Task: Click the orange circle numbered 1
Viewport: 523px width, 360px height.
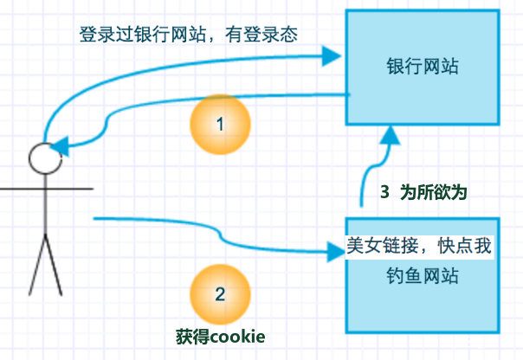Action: coord(220,125)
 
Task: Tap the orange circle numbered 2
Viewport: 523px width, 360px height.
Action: coord(220,293)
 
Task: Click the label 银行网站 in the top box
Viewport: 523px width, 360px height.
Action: coord(422,67)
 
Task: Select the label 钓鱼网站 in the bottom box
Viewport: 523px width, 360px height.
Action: coord(422,278)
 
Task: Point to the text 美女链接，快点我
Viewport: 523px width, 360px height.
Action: coord(419,246)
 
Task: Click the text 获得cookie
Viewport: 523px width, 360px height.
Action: coord(220,336)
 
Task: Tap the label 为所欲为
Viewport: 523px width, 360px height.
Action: coord(438,191)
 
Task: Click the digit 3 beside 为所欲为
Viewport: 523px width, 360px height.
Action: coord(384,191)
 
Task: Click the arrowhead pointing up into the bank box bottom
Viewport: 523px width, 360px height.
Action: coord(389,136)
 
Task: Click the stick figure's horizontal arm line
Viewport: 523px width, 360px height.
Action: coord(43,187)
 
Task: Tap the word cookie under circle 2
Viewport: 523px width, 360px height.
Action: coord(236,336)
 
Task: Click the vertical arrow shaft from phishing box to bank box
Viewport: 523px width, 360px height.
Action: coord(362,186)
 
